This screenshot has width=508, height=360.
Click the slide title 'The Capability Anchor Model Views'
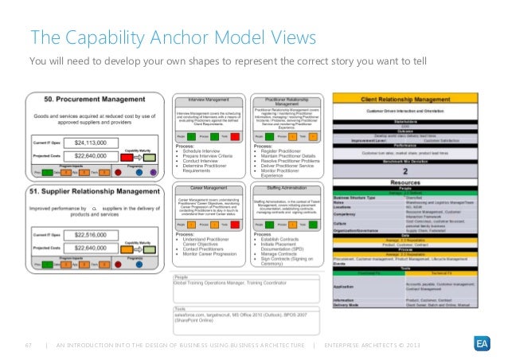pos(173,38)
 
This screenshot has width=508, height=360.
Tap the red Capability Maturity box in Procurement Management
pos(125,158)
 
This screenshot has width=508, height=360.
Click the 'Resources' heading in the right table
pos(414,184)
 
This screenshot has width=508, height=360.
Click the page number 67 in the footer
pos(29,344)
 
